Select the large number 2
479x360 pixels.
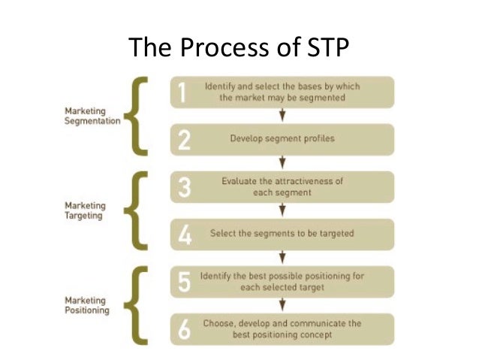181,140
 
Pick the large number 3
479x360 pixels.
181,186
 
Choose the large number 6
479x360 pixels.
181,328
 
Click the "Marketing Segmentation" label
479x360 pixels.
91,116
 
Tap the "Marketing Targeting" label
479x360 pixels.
86,209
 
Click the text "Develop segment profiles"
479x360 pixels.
282,139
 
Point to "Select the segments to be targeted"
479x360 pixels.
282,234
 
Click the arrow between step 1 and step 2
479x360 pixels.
282,116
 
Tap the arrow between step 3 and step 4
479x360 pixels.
282,210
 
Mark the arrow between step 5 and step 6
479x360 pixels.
282,304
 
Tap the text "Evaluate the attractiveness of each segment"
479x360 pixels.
282,186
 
